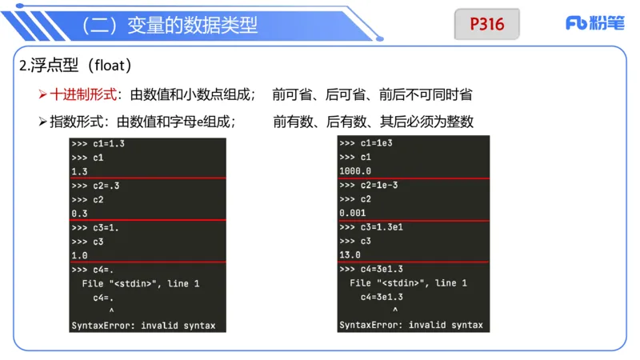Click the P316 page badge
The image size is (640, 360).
[x=487, y=24]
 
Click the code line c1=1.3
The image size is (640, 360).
[x=98, y=144]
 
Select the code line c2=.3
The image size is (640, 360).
[x=96, y=186]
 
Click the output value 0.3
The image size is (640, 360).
[x=79, y=214]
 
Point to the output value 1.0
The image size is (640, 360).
[x=79, y=255]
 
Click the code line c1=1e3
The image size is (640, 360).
[x=366, y=144]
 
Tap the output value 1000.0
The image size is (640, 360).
[x=355, y=171]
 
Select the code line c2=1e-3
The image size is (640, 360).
[x=368, y=186]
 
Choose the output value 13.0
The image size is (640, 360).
[x=350, y=255]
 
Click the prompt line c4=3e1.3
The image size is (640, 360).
[x=371, y=269]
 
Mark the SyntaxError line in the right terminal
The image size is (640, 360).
[x=411, y=325]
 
